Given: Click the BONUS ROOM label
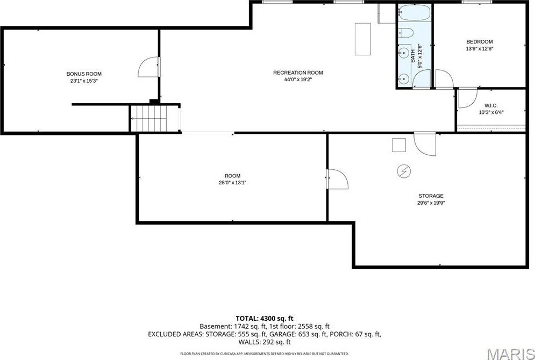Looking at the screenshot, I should point(84,74).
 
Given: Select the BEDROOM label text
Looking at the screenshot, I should point(479,41).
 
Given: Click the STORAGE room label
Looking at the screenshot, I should point(431,196).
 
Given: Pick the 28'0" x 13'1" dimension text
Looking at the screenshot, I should point(232,183).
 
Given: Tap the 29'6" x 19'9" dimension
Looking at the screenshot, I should point(431,203).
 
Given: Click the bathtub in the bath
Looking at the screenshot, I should point(414,13).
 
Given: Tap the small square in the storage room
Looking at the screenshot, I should point(399,145).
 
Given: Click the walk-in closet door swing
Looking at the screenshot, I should point(467,99).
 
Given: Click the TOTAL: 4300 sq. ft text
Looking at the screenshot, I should point(264,319).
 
